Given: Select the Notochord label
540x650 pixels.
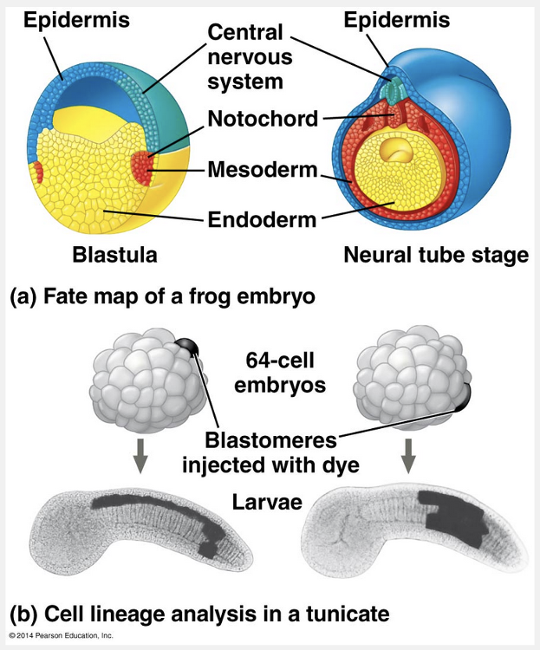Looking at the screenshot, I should point(263,119).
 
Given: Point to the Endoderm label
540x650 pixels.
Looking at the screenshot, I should point(263,218).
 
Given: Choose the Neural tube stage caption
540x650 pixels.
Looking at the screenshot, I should point(435,256).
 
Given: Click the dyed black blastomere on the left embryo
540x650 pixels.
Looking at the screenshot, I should point(188,348).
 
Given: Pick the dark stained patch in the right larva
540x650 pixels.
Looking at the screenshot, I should point(451,520).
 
